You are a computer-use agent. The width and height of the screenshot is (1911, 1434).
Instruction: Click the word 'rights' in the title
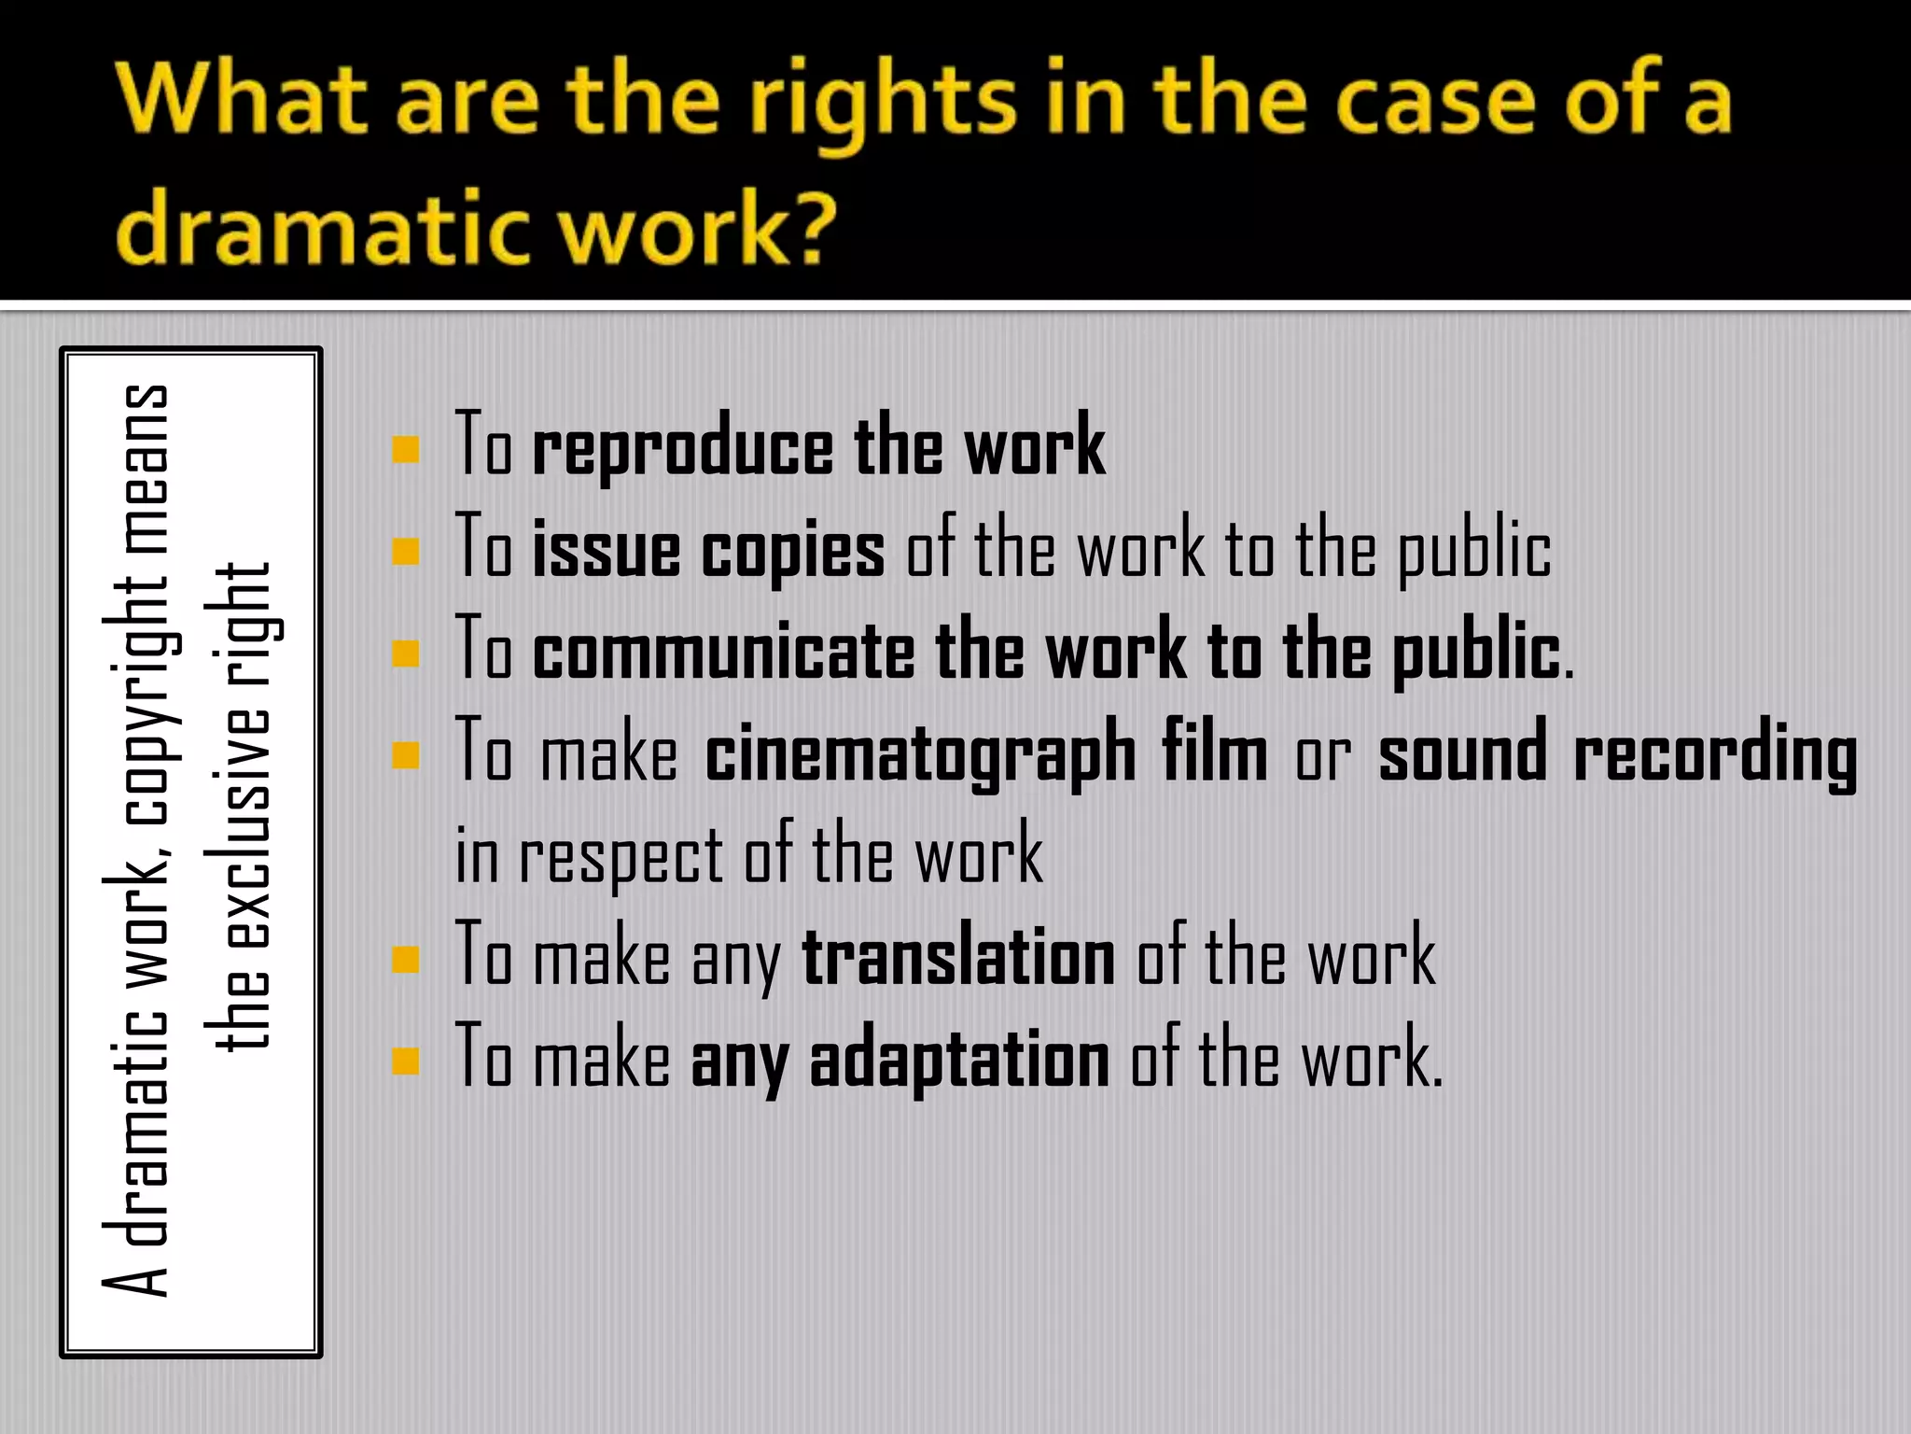point(883,103)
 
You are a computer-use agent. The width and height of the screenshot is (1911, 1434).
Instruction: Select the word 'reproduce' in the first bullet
point(682,449)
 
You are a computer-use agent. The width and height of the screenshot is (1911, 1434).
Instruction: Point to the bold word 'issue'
point(606,550)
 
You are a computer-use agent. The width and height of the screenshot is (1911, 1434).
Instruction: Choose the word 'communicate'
point(723,652)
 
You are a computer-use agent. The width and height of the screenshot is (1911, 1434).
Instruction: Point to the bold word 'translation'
point(958,957)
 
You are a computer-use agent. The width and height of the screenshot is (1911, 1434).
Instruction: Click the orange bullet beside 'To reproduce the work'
point(406,451)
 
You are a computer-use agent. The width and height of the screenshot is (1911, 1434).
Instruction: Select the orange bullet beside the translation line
point(406,960)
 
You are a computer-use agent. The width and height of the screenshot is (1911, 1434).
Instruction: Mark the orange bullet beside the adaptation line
point(406,1061)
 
